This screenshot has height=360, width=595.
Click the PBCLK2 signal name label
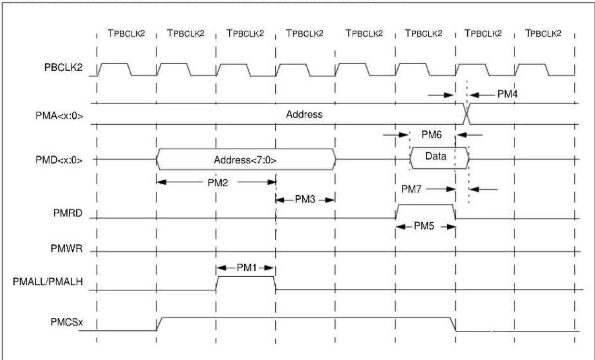coord(63,67)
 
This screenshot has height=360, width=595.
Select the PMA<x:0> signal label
coord(59,116)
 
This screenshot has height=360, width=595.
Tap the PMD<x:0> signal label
coord(59,160)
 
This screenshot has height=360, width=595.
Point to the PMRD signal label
coord(68,213)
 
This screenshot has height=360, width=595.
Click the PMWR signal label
coord(66,249)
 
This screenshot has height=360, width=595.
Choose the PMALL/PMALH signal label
coord(48,282)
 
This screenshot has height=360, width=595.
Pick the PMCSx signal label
coord(67,322)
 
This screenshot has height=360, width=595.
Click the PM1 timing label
coord(247,267)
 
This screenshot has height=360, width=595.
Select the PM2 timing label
coord(218,183)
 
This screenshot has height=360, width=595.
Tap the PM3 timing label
coord(305,199)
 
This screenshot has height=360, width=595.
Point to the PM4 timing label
coord(507,94)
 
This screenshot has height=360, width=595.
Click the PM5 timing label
coord(424,226)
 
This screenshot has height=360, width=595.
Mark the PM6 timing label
coord(432,135)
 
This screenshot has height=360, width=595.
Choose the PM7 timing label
coord(411,189)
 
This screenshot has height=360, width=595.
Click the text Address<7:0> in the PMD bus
coord(245,160)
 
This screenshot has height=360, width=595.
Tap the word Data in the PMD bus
coord(436,156)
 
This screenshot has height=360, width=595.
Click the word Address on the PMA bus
coord(304,114)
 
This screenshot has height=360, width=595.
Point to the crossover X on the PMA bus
coord(467,114)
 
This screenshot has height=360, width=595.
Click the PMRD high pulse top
coord(425,204)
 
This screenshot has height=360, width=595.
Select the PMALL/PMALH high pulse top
coord(246,277)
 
